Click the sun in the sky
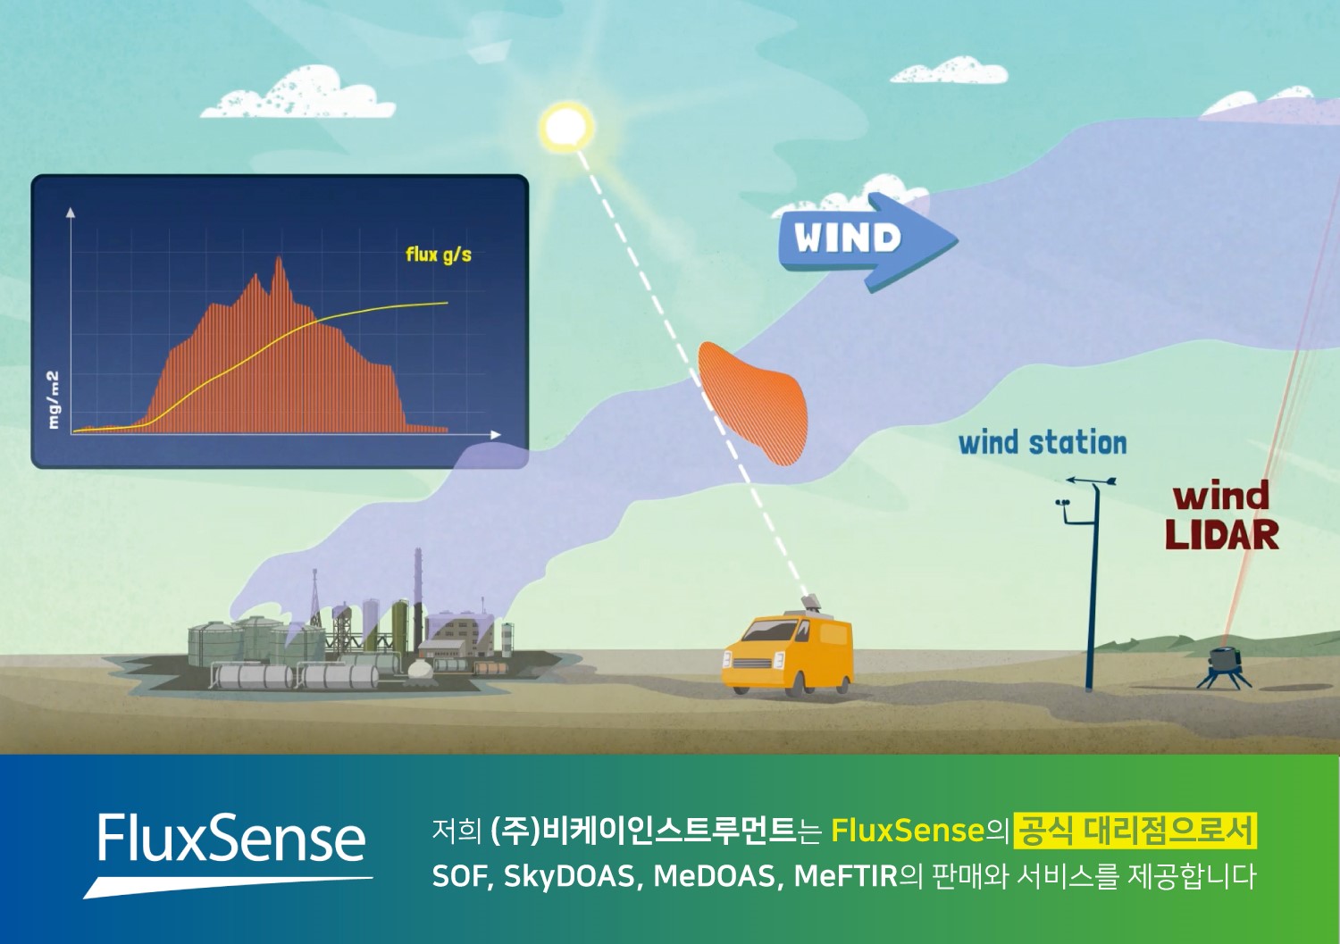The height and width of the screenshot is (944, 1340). pos(565,127)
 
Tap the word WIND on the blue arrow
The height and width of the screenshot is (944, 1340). pos(847,238)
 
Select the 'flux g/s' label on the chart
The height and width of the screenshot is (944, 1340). pos(439,255)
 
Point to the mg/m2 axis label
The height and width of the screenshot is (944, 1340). pos(54,400)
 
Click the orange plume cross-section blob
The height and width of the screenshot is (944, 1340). pos(757,403)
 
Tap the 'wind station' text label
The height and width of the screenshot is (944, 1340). pos(1043,443)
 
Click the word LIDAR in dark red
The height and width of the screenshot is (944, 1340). pos(1222,536)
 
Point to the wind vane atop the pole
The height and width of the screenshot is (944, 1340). pos(1092,480)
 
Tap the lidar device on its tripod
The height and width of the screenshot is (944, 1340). pos(1224,667)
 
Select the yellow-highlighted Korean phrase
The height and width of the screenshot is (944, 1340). pos(1135,831)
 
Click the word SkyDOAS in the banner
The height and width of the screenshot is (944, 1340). pos(569,877)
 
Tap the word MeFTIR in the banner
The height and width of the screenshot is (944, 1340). pos(846,877)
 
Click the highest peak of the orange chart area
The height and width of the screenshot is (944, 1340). pos(279,258)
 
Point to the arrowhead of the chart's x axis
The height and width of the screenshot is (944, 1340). pos(495,435)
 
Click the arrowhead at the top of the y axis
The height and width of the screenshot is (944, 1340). pos(71,212)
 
